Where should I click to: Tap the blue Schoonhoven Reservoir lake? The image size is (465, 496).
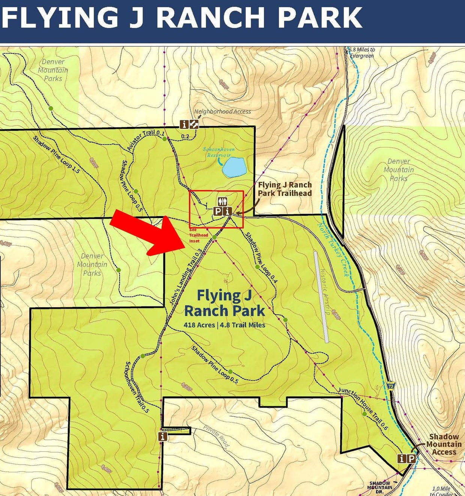pyautogui.click(x=234, y=167)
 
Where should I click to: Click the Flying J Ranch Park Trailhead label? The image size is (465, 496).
pyautogui.click(x=285, y=189)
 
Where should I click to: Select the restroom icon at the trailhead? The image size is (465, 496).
pyautogui.click(x=223, y=202)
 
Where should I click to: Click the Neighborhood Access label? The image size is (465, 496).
pyautogui.click(x=222, y=111)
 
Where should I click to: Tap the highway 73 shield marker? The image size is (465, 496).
pyautogui.click(x=391, y=385)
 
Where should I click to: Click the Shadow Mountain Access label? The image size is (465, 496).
pyautogui.click(x=444, y=444)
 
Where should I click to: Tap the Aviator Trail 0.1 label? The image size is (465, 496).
pyautogui.click(x=146, y=140)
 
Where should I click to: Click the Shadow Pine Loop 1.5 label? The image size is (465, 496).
pyautogui.click(x=56, y=154)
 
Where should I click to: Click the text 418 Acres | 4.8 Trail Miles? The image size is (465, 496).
pyautogui.click(x=224, y=325)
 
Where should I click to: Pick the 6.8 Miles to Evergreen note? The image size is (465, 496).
pyautogui.click(x=361, y=52)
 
